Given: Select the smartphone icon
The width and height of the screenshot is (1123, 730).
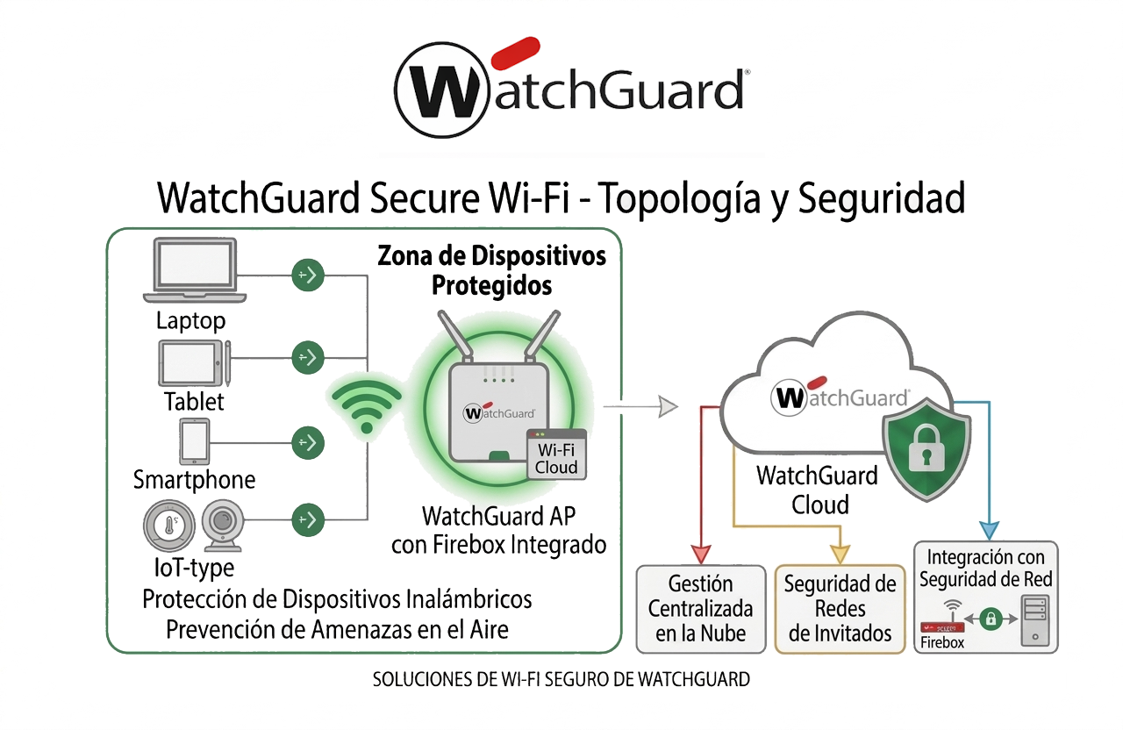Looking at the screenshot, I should click(194, 440).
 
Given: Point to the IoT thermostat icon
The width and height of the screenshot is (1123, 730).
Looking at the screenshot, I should click(168, 526).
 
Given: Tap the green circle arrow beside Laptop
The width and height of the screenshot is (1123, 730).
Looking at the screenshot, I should click(308, 276).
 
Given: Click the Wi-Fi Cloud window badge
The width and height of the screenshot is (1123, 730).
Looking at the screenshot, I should click(556, 454).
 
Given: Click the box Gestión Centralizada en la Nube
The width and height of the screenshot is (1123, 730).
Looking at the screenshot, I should click(699, 609).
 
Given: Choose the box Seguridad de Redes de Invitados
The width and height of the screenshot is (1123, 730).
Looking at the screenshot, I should click(840, 609).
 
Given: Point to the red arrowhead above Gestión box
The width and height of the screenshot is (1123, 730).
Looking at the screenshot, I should click(700, 554).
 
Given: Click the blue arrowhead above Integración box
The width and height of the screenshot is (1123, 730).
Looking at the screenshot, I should click(990, 530).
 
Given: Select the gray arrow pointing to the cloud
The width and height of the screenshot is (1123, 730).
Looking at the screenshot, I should click(642, 405).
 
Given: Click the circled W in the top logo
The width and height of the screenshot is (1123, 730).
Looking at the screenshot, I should click(442, 89).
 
